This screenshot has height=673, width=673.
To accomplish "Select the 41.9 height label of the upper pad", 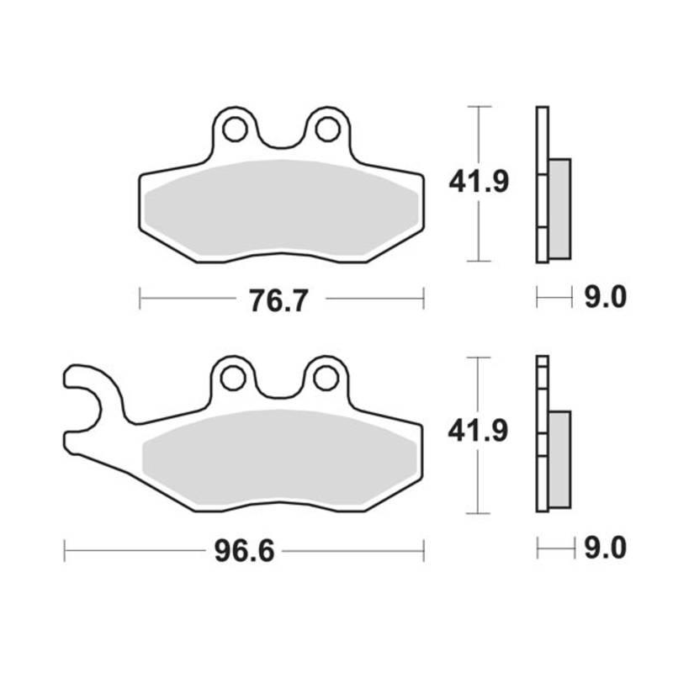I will coord(479,182).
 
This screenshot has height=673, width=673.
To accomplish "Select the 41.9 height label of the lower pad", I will coord(479,432).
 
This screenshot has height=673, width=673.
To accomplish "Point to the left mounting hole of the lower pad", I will coord(235,379).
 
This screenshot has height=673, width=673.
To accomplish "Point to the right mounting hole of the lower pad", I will coord(326,379).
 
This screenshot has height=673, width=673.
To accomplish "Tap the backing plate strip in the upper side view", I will coord(542,184).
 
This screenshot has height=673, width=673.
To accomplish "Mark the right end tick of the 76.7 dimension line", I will coord(423,298).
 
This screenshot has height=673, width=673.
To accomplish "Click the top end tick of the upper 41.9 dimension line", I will coord(479,107).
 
